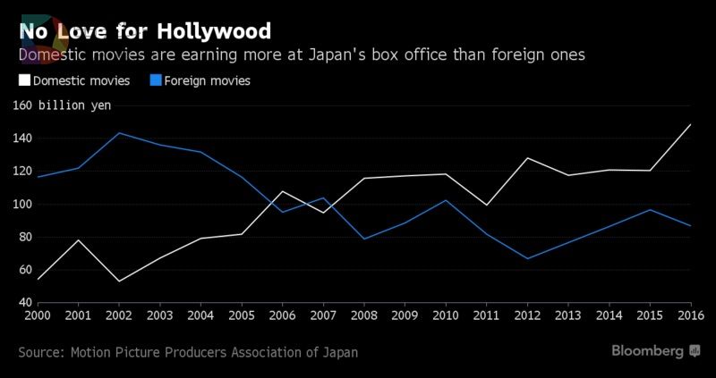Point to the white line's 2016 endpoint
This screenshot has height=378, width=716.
click(691, 124)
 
